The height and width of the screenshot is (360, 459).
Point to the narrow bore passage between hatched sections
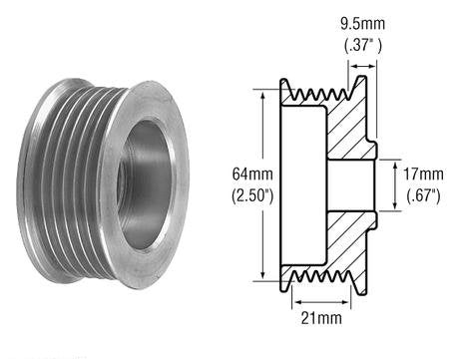349,183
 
